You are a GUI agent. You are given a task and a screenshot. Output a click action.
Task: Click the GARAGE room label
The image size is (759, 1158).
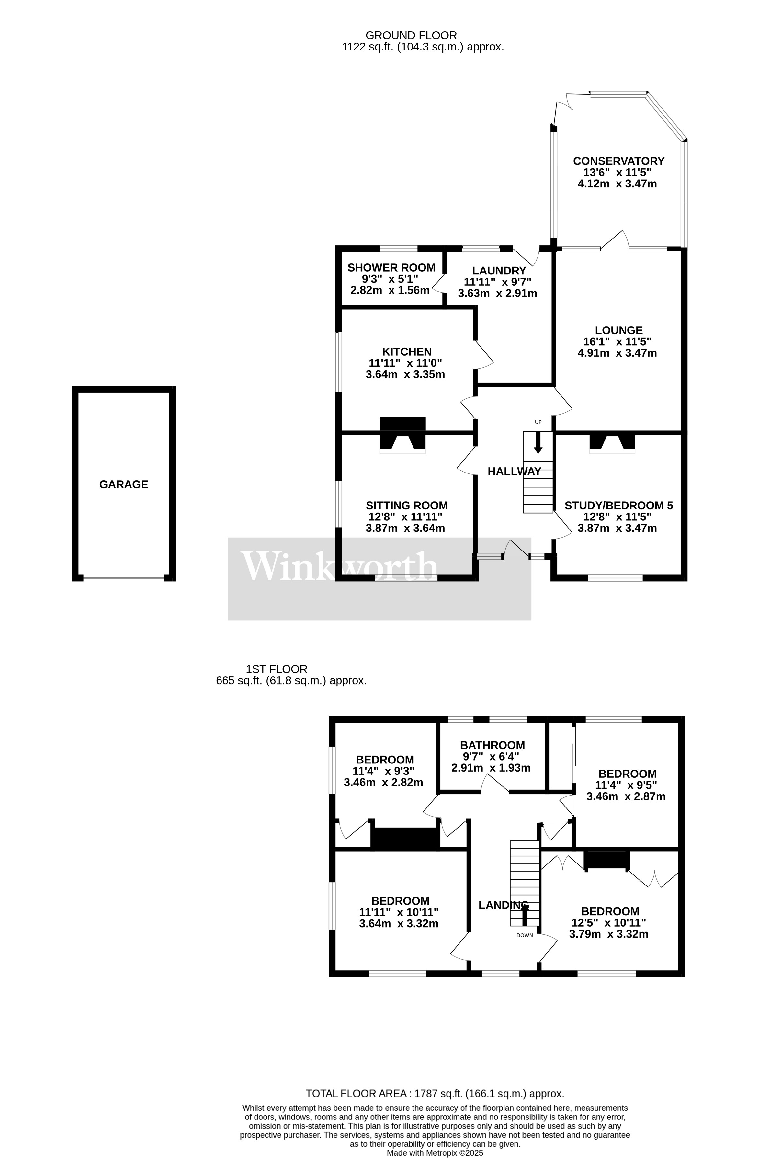tap(124, 484)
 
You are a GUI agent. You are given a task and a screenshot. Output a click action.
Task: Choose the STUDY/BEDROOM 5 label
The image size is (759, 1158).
tap(618, 506)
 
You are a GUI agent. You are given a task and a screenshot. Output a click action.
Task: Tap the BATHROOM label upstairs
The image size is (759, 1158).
tap(492, 745)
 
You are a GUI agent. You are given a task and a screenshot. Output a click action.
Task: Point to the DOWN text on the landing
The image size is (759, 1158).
tap(524, 935)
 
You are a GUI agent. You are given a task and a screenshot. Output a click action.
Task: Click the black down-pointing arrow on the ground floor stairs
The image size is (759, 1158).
tap(538, 443)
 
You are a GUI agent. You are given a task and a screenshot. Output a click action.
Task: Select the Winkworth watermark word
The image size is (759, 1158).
tap(339, 566)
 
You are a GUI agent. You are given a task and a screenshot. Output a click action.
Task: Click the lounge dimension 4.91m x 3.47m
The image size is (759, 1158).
tap(617, 353)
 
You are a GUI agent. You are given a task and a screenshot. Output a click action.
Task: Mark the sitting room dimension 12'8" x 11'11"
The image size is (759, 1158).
tap(405, 517)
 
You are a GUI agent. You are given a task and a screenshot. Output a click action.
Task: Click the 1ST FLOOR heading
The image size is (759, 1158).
tap(277, 669)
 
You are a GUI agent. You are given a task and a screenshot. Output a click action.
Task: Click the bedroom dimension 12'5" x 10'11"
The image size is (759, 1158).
tap(608, 922)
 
